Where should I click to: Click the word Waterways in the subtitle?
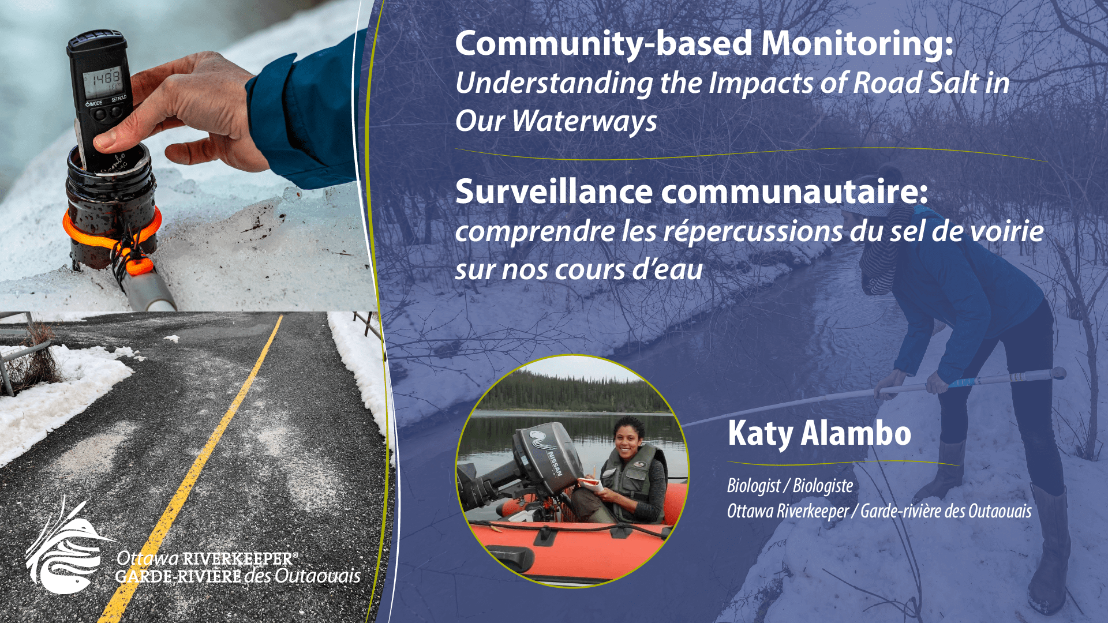click(585, 122)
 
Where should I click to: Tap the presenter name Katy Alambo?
click(819, 433)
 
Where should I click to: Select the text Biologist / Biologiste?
click(790, 486)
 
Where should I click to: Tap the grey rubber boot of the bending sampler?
click(1050, 548)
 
